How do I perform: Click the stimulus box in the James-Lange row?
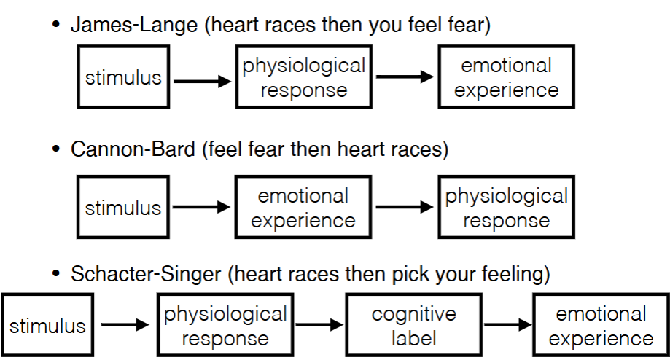(x=123, y=77)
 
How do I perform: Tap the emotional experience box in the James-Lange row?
(x=506, y=77)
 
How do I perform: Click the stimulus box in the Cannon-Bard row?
(x=123, y=208)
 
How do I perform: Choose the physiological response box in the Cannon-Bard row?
(x=506, y=208)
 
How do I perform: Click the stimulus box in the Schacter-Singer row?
(x=47, y=326)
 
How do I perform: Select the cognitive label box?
(x=413, y=326)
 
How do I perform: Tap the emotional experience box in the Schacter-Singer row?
(x=600, y=326)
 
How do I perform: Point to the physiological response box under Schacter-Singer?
(x=225, y=326)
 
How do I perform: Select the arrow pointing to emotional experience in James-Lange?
(x=405, y=78)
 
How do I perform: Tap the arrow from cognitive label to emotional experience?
(x=506, y=326)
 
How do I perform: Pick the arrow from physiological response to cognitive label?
(x=319, y=326)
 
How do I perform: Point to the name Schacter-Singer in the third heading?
(x=146, y=274)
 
